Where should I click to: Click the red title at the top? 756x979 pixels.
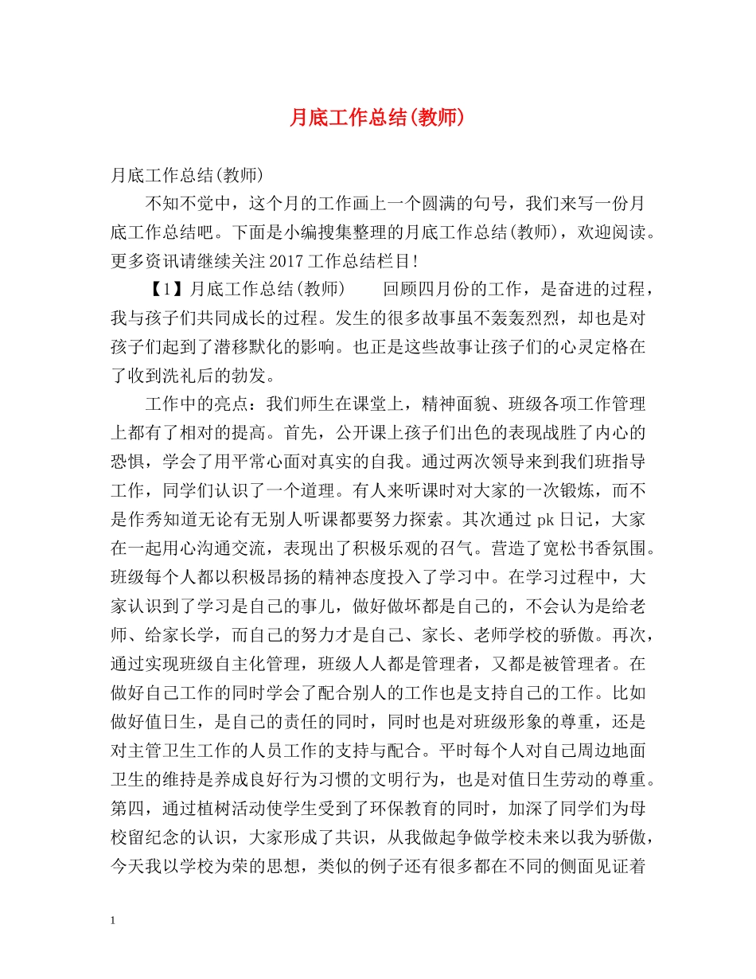[x=376, y=118]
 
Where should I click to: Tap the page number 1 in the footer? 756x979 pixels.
[x=114, y=921]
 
